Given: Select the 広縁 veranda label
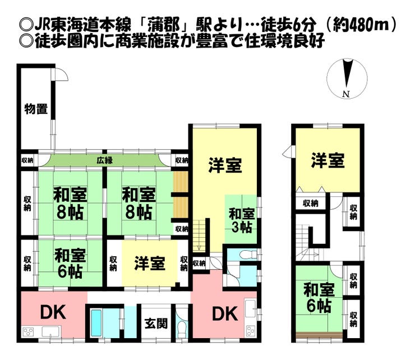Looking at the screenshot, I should tap(104, 160).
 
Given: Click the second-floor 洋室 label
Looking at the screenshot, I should tap(328, 161).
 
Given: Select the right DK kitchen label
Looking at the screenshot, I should tap(224, 312).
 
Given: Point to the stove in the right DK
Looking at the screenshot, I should tap(251, 331).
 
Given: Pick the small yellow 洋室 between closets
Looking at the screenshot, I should tap(149, 263).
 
